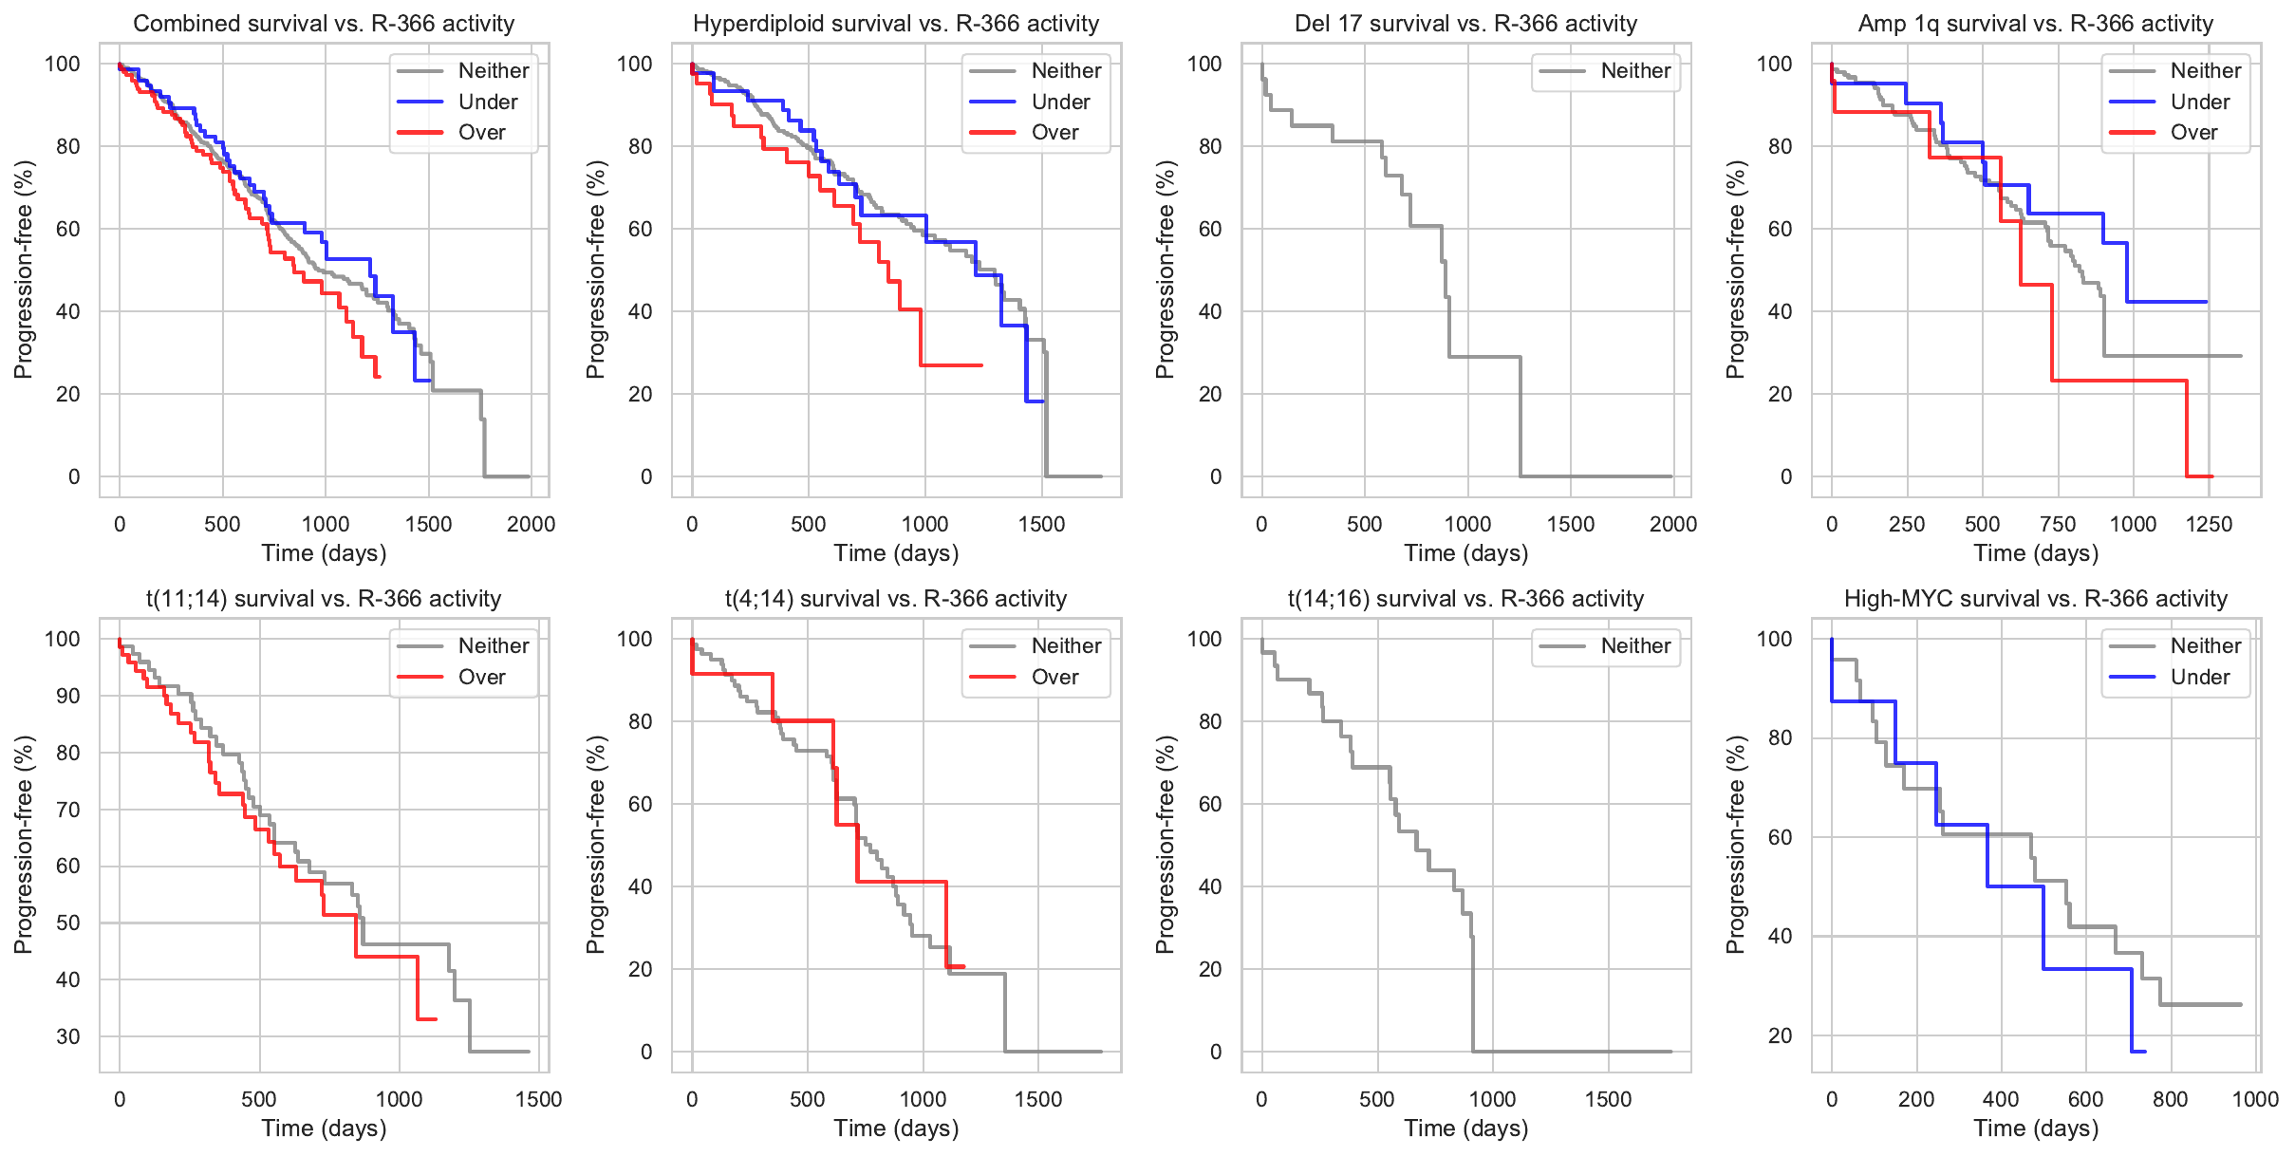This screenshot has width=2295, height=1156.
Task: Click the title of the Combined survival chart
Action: pyautogui.click(x=324, y=24)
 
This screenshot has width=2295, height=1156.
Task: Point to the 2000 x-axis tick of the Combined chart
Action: pyautogui.click(x=531, y=524)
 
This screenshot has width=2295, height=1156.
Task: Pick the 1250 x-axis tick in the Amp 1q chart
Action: pyautogui.click(x=2209, y=524)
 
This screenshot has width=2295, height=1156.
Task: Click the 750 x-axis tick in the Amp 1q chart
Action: pyautogui.click(x=2058, y=524)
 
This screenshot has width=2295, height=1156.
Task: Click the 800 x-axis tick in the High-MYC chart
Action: pyautogui.click(x=2170, y=1099)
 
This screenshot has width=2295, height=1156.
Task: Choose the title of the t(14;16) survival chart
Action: pyautogui.click(x=1465, y=599)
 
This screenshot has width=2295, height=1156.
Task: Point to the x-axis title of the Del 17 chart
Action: pyautogui.click(x=1465, y=553)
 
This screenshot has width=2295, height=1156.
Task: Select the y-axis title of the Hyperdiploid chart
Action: pyautogui.click(x=596, y=270)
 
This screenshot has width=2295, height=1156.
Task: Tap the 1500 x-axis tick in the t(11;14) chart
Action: pyautogui.click(x=538, y=1099)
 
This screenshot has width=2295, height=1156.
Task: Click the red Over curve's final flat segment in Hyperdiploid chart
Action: pyautogui.click(x=951, y=365)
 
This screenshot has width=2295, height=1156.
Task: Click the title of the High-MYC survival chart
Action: pyautogui.click(x=2035, y=599)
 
